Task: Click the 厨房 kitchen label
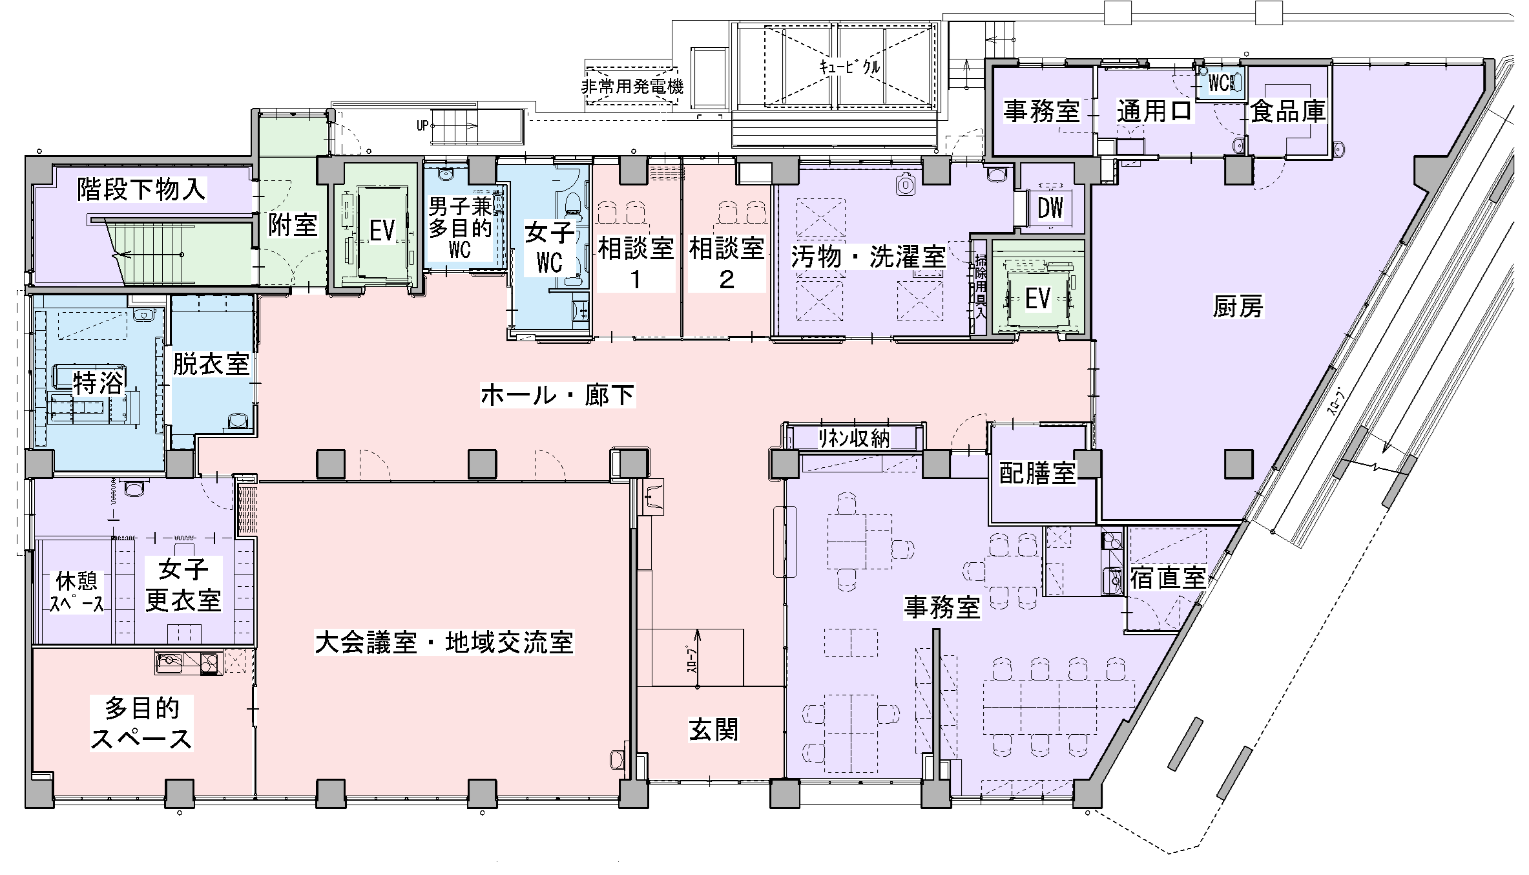1238,307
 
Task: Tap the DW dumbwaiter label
1050,208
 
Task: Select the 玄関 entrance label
713,730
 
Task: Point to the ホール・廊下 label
558,395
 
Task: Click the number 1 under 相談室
636,280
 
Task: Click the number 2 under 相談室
727,280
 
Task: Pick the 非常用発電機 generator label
632,85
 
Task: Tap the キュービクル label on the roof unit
849,66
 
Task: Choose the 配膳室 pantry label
1037,474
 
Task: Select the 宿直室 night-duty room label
1168,578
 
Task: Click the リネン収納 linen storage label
854,439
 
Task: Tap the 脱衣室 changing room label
211,364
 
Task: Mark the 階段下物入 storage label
142,189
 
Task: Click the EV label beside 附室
382,231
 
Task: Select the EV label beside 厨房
1038,299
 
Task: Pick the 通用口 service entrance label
1155,111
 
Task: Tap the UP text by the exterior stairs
422,126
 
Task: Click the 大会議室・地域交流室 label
444,643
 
